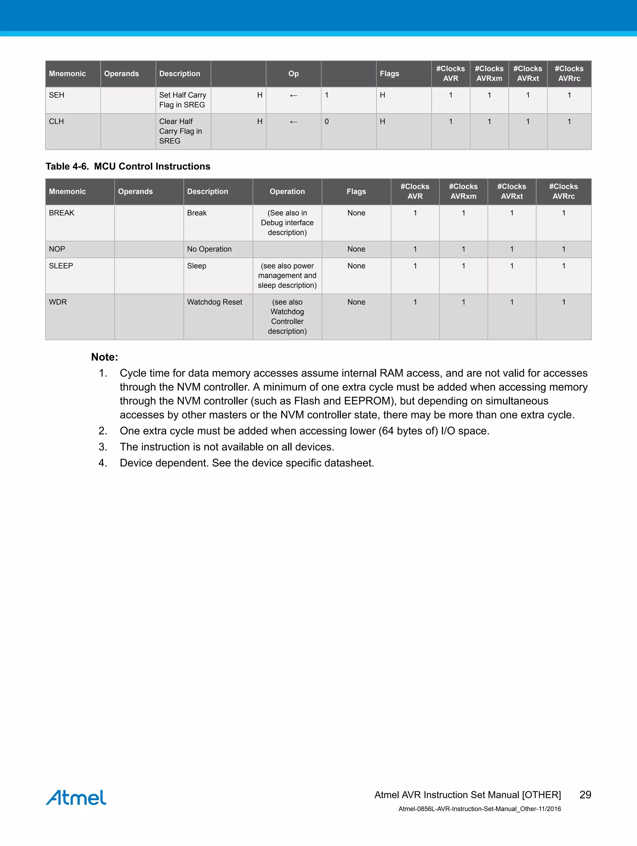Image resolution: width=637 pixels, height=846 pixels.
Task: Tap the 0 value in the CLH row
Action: click(327, 122)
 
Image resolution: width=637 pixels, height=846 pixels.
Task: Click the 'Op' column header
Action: click(293, 74)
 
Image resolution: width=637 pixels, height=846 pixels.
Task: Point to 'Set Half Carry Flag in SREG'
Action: click(183, 100)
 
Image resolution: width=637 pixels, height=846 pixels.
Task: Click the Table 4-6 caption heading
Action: click(128, 166)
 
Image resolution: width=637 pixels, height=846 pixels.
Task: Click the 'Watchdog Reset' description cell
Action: click(215, 302)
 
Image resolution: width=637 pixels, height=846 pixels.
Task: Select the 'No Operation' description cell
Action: click(209, 249)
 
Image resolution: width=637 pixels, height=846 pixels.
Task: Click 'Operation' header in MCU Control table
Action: click(287, 192)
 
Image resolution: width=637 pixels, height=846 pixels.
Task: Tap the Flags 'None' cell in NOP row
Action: click(356, 249)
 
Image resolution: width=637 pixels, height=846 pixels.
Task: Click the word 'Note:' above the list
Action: click(105, 357)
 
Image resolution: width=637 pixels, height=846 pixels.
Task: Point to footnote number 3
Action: click(103, 447)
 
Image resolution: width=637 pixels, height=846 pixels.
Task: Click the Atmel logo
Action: click(76, 797)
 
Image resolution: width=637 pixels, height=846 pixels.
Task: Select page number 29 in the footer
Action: click(585, 795)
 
